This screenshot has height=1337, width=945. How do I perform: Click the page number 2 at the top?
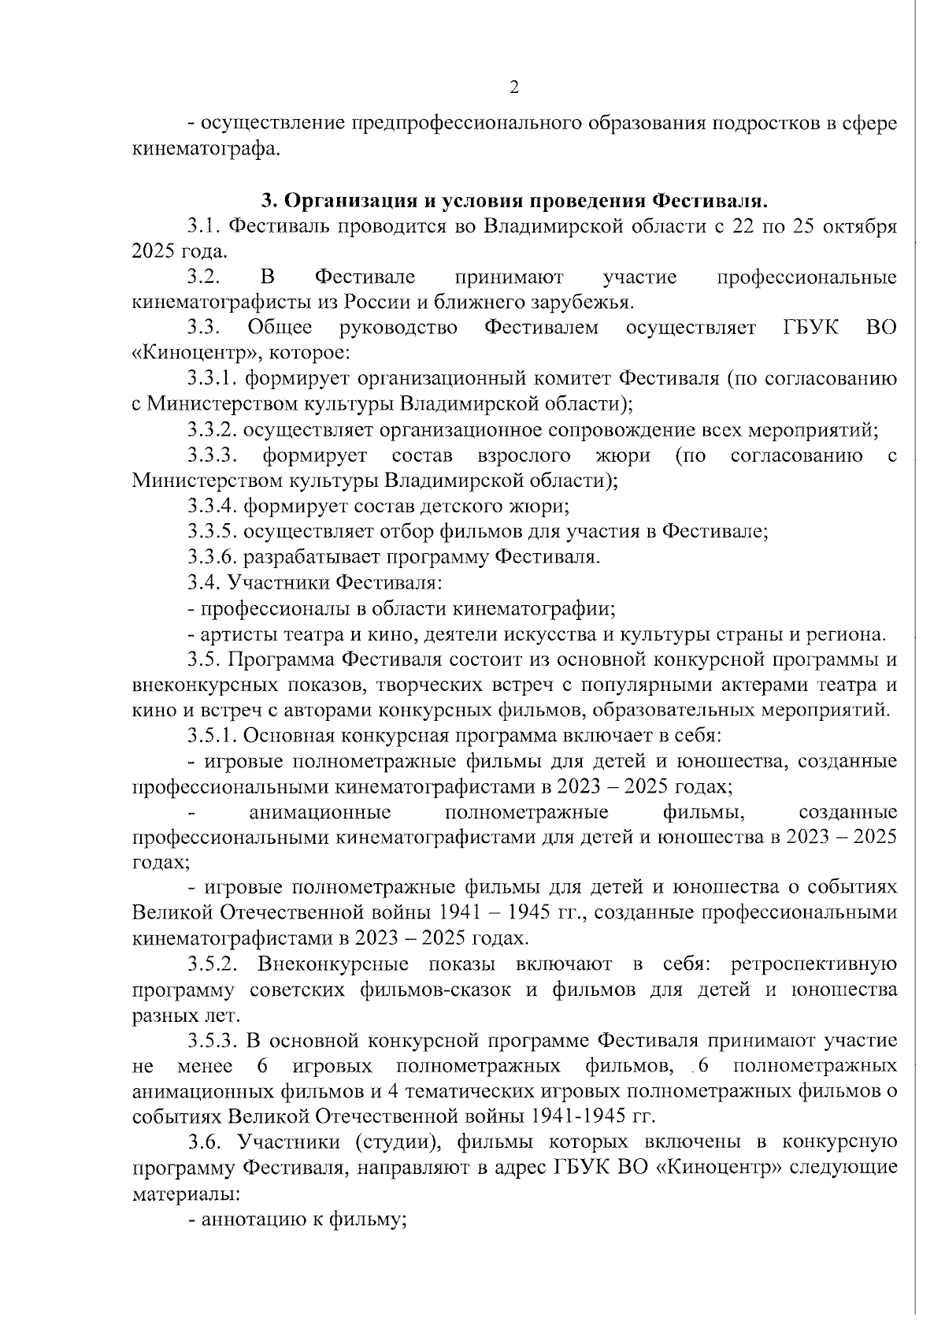[x=513, y=87]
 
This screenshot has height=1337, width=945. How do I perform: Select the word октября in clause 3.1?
[x=860, y=227]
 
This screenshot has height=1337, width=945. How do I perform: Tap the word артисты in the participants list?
[x=235, y=634]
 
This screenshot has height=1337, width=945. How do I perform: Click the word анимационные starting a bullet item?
[x=320, y=812]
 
